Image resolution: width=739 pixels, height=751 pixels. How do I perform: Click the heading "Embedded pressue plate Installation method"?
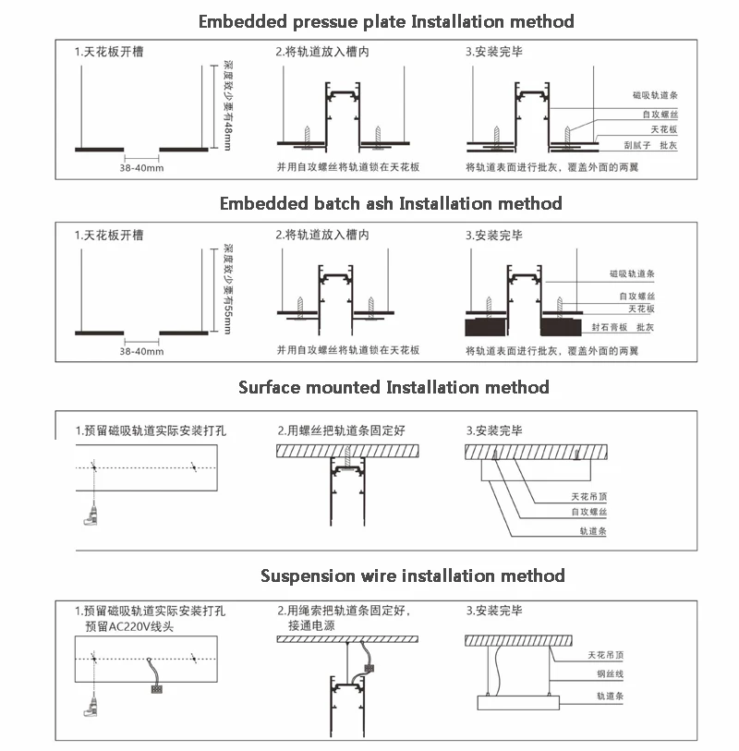[386, 21]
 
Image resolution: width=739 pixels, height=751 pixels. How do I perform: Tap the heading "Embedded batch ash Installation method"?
[390, 203]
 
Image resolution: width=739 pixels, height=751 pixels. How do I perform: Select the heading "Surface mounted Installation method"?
[394, 387]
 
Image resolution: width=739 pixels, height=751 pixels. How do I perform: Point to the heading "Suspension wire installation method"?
[412, 575]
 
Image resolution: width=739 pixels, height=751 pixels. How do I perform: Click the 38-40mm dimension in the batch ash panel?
[141, 351]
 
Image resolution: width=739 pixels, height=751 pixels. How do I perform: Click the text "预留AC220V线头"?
[129, 626]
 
